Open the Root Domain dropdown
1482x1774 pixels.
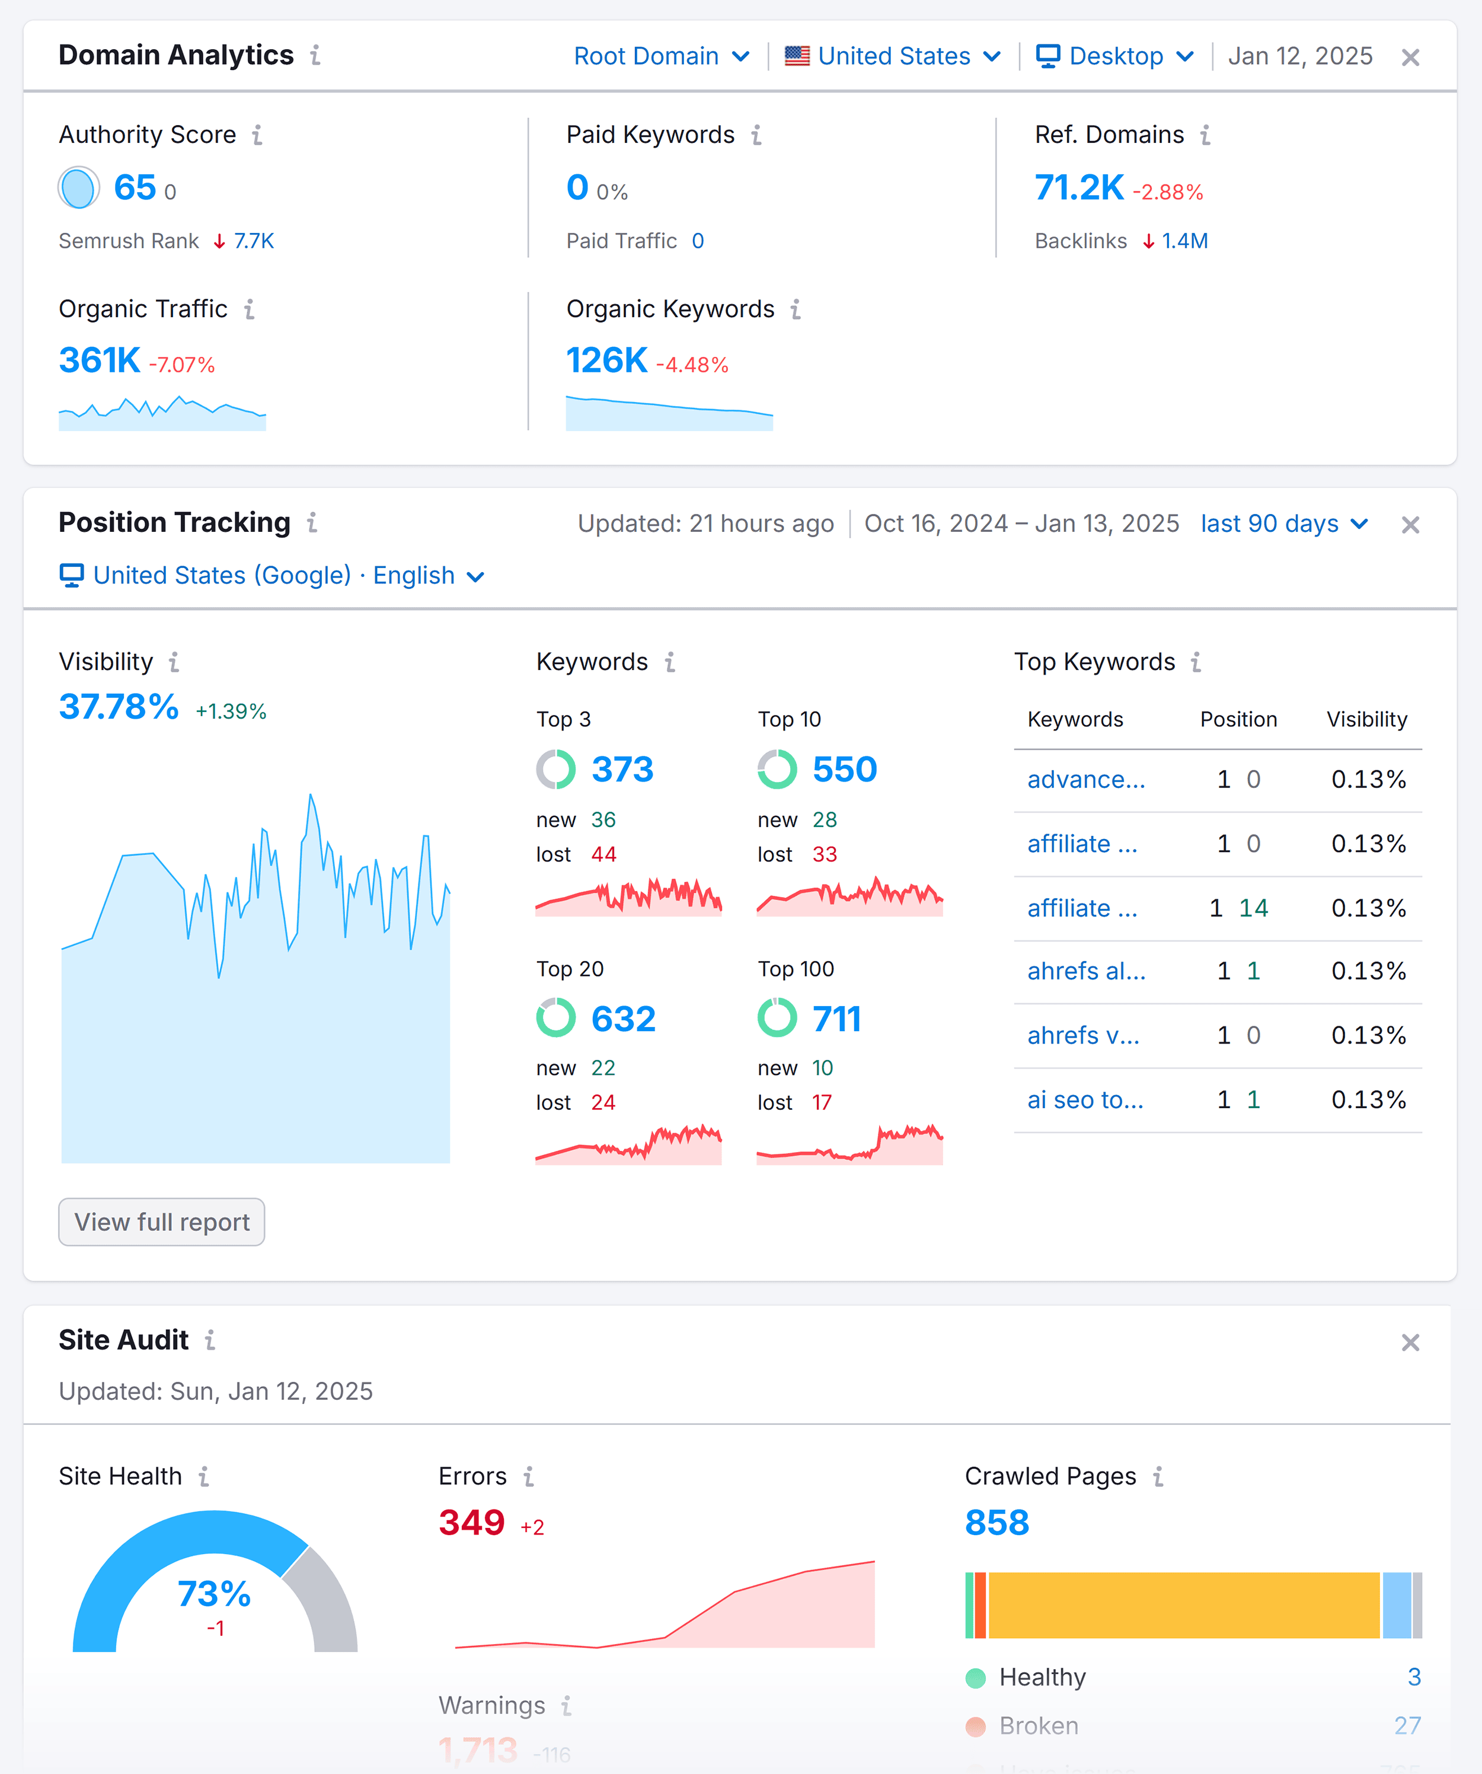[x=660, y=56]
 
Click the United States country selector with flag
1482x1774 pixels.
[x=893, y=56]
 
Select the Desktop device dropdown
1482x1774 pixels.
[x=1114, y=56]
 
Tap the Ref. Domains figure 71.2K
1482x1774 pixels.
[x=1078, y=187]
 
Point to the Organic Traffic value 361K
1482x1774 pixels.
[x=100, y=360]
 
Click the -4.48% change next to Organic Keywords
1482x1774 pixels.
[x=692, y=365]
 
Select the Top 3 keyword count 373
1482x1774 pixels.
[x=622, y=770]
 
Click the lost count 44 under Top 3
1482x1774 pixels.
[x=603, y=854]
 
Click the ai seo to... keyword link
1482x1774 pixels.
[x=1085, y=1100]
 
